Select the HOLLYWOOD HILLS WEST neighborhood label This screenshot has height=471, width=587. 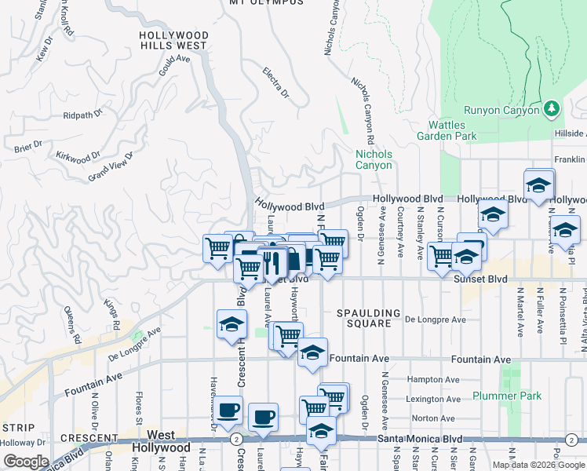173,41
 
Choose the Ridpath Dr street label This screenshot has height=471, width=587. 83,115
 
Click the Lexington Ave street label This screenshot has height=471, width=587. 432,399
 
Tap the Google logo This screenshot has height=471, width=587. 26,462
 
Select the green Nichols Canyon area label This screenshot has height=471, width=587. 374,159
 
